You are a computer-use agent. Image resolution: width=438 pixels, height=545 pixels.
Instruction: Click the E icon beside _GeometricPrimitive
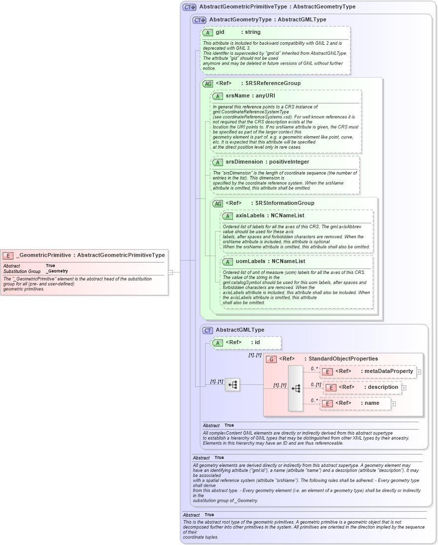point(8,255)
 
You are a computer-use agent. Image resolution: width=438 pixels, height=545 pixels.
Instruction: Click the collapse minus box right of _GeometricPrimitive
point(170,272)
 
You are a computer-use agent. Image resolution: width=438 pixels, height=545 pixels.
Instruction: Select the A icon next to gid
point(208,32)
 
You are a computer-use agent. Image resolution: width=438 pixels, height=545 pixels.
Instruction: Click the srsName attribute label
point(237,95)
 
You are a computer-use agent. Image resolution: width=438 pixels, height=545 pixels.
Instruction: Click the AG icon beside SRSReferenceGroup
point(208,84)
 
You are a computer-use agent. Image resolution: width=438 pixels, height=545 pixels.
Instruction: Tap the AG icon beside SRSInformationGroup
point(218,203)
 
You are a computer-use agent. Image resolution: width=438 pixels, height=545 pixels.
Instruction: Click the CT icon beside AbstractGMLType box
point(208,330)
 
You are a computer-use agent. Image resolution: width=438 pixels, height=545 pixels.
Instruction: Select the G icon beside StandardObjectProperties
point(271,359)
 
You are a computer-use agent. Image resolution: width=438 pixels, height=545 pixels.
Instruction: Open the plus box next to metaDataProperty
point(419,371)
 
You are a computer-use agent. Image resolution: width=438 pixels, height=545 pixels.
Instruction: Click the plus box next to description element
point(404,387)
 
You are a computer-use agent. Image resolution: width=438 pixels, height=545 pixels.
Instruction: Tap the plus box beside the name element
point(393,404)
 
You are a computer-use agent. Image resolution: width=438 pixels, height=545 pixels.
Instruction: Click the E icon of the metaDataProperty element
point(327,371)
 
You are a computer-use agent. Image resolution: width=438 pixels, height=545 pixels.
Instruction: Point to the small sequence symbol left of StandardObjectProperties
point(232,384)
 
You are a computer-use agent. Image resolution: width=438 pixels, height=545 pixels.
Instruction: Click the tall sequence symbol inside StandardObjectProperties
point(296,388)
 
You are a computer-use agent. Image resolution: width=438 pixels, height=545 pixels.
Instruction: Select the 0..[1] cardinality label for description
point(316,384)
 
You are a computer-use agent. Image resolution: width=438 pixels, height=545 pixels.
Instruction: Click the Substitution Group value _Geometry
point(57,271)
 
